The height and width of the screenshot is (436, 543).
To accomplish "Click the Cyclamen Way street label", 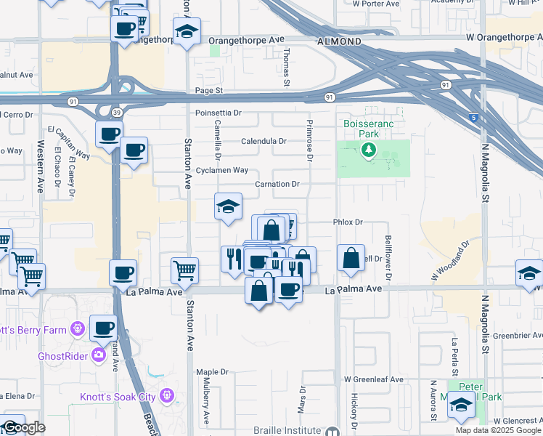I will (222, 170).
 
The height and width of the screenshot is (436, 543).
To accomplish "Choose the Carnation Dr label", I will (277, 185).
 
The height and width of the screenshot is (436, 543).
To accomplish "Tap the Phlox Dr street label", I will (347, 222).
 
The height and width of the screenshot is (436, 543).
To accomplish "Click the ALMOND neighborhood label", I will (338, 42).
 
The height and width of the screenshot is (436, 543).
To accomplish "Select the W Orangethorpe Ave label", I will (504, 36).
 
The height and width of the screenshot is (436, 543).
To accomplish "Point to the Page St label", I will (208, 90).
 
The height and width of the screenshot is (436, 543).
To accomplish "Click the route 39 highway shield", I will (116, 112).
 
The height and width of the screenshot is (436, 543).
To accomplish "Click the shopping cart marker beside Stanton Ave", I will (185, 270).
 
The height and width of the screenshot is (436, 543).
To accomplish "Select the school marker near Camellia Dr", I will (228, 206).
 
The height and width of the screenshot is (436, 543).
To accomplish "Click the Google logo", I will (23, 428).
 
